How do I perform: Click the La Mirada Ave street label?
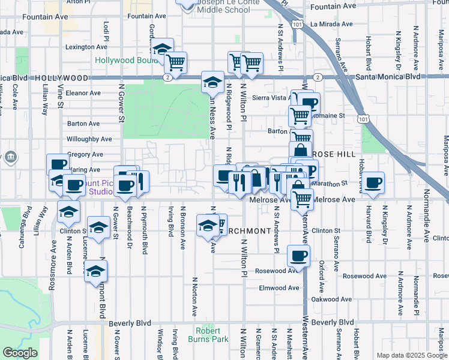click(332, 24)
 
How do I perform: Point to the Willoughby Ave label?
click(89, 139)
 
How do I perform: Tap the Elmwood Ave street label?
click(279, 288)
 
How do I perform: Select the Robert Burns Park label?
click(211, 335)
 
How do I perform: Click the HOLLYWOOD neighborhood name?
click(62, 78)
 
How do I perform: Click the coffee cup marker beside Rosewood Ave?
click(298, 256)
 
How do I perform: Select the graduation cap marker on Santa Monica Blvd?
click(212, 82)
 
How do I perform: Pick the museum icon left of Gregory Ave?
click(11, 158)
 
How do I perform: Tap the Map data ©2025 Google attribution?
click(412, 355)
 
